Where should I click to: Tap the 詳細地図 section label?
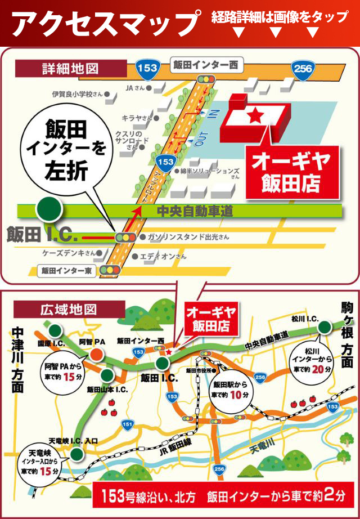70,69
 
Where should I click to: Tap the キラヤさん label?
137,118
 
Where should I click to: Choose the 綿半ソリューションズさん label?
211,172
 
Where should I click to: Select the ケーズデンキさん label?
70,253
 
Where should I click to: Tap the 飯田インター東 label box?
67,270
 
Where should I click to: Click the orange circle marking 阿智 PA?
96,354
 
